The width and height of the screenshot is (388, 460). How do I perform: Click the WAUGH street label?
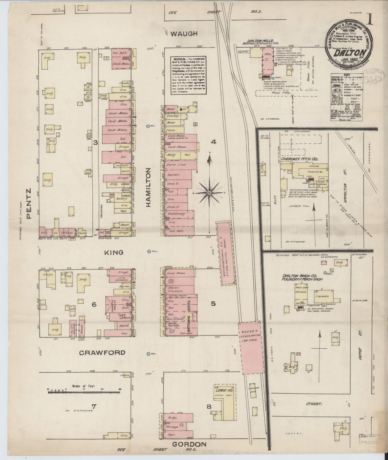coord(184,34)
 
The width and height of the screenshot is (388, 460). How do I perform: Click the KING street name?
coord(114,252)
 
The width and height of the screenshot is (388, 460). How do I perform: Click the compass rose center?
coord(209,192)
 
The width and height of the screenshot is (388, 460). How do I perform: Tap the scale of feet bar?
coord(85,392)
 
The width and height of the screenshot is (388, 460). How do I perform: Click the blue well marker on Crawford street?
coord(148,354)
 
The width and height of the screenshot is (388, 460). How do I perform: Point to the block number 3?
coord(95,143)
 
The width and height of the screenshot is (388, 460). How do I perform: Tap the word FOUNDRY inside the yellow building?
coord(324,297)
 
